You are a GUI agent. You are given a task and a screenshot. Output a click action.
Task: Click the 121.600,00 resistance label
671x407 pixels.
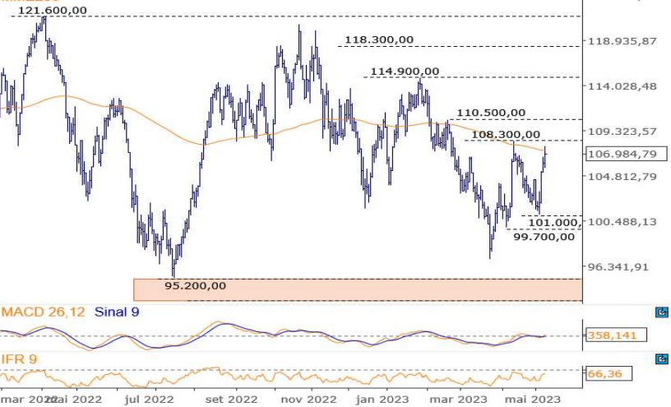tap(52, 10)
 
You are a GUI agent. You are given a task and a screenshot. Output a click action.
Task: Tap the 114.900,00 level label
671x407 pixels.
tap(405, 72)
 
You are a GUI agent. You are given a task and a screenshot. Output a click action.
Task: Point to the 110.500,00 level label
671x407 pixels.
tap(491, 113)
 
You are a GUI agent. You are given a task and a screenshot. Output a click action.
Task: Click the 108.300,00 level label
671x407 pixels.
tap(507, 134)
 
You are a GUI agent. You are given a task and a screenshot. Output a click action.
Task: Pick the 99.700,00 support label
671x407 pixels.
tap(544, 237)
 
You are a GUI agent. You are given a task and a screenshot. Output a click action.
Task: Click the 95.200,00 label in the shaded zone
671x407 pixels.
tap(195, 286)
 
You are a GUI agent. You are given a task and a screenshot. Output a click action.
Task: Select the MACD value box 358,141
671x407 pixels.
tap(617, 335)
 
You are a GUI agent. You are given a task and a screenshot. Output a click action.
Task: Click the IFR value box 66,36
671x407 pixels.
tap(604, 374)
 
